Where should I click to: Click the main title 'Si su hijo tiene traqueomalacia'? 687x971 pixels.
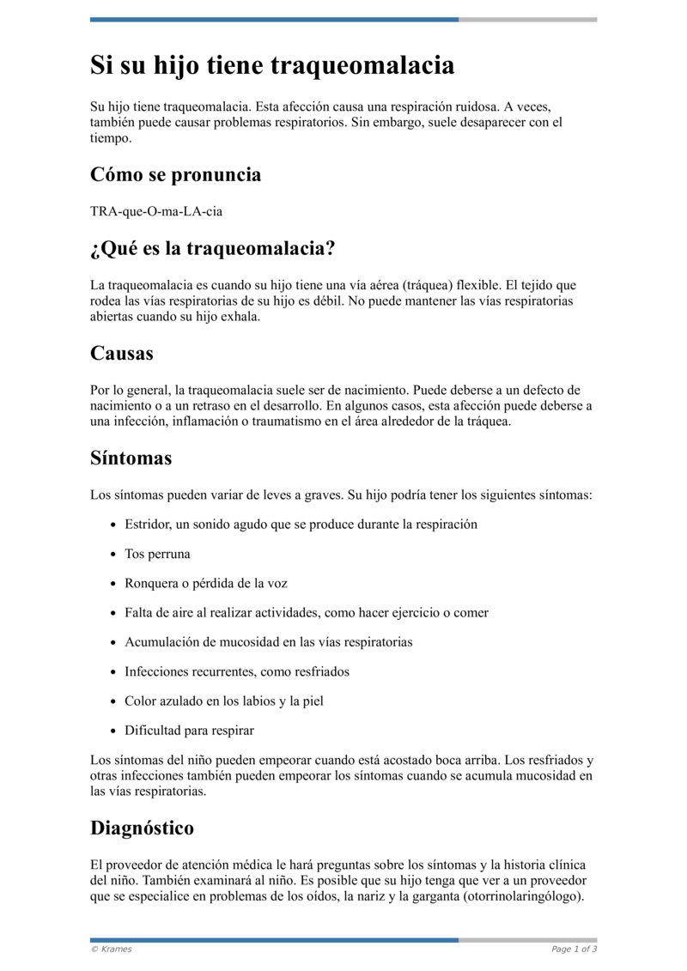point(272,65)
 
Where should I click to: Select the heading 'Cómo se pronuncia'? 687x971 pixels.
point(175,175)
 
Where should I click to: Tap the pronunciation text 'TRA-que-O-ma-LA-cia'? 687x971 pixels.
point(150,211)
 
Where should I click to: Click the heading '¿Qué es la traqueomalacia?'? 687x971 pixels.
point(212,249)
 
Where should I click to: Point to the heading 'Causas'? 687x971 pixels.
point(122,354)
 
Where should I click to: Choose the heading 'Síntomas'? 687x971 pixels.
point(131,458)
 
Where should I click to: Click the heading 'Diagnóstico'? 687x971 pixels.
point(142,828)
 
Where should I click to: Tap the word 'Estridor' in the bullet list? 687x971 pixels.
point(149,524)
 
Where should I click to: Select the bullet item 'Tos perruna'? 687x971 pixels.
point(157,554)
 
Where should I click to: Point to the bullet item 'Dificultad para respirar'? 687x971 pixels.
point(189,731)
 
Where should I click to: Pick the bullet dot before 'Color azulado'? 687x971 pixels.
point(113,701)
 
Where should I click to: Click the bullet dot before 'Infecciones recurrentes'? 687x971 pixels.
point(113,672)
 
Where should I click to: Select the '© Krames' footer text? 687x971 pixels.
point(112,950)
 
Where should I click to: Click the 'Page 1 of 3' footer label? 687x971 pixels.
point(574,950)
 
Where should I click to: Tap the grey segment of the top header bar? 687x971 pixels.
point(527,19)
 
